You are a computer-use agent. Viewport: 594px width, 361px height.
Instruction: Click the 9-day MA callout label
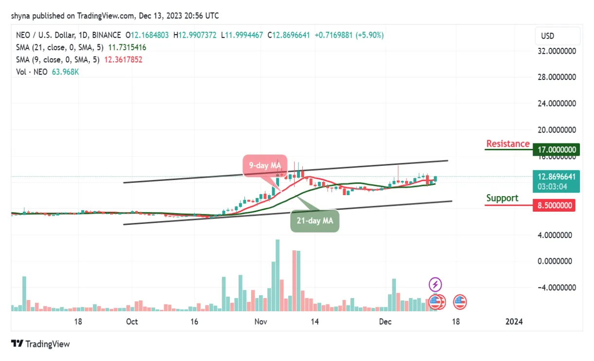tap(265, 165)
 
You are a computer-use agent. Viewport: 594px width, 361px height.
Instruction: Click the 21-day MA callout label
tap(315, 221)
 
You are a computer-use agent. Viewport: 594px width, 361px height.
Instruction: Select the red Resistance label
tap(508, 143)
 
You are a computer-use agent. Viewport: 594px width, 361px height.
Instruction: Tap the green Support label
tap(502, 198)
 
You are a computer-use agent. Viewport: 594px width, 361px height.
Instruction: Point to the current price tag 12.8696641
tap(555, 177)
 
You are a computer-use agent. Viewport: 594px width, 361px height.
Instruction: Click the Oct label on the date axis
tap(132, 321)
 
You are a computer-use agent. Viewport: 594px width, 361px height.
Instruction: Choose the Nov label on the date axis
tap(261, 321)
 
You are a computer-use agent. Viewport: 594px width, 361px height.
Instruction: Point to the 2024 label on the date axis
tap(514, 321)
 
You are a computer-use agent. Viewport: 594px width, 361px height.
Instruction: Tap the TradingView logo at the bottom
tap(40, 344)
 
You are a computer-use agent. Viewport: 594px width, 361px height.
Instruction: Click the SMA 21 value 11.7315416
tap(124, 47)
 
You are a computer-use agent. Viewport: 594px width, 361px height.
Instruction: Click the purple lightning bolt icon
tap(435, 284)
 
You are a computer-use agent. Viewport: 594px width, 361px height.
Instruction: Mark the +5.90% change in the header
tap(371, 35)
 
